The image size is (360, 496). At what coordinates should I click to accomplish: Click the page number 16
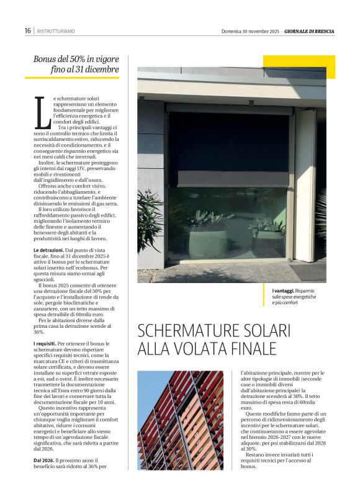[x=28, y=30]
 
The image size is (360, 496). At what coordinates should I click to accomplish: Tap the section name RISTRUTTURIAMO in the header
[x=56, y=31]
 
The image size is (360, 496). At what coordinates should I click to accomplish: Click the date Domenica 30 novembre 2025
[x=250, y=31]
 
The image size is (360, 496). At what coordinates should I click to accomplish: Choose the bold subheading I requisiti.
[x=45, y=343]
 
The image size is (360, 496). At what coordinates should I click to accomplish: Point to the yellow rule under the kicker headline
[x=72, y=78]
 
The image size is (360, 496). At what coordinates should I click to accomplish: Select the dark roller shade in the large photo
[x=228, y=149]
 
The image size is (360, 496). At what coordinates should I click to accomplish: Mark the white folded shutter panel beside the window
[x=305, y=186]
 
